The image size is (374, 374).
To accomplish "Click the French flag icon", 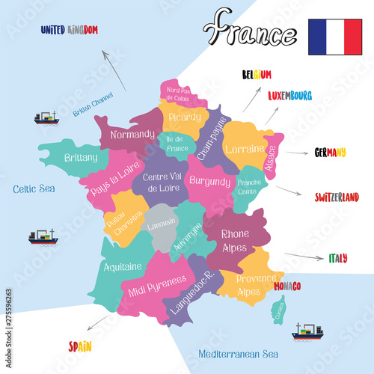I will pos(335,37).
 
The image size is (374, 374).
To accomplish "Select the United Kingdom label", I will pos(70,30).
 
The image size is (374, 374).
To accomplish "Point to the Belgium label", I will pos(257,75).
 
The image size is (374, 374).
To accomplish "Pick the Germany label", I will pos(330,153).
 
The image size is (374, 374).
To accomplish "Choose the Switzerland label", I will pos(337,197).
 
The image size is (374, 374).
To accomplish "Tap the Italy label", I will pos(337,259).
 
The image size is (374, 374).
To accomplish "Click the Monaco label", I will pos(287,286).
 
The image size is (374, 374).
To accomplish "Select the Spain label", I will pos(81,346).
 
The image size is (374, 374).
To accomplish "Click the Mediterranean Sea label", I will pos(238,354).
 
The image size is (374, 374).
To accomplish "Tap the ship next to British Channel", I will pos(46,118).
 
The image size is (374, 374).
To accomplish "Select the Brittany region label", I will pos(81,158).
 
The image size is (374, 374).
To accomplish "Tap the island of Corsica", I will pos(277,307).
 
